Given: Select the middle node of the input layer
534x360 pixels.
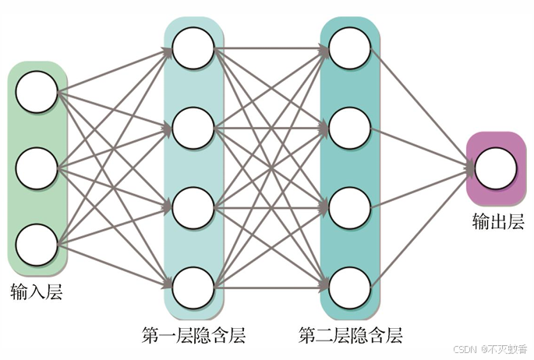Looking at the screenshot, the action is (37, 168).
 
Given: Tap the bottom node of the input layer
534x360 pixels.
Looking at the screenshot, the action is (37, 244).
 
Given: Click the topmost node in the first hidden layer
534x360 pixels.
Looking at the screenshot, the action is (193, 48).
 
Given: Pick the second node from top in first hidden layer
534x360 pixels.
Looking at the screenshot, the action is (193, 128).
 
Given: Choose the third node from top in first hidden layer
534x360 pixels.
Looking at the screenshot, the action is (193, 208).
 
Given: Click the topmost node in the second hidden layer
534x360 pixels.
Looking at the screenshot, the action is (349, 48).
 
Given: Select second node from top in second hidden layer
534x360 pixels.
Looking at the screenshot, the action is (349, 128).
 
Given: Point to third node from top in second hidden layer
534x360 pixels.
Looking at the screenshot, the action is (349, 208).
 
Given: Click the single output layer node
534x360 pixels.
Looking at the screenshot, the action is (496, 168).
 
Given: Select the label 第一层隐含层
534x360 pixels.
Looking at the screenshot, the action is (193, 337).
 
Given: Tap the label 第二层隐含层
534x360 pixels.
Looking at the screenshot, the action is (351, 337).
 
